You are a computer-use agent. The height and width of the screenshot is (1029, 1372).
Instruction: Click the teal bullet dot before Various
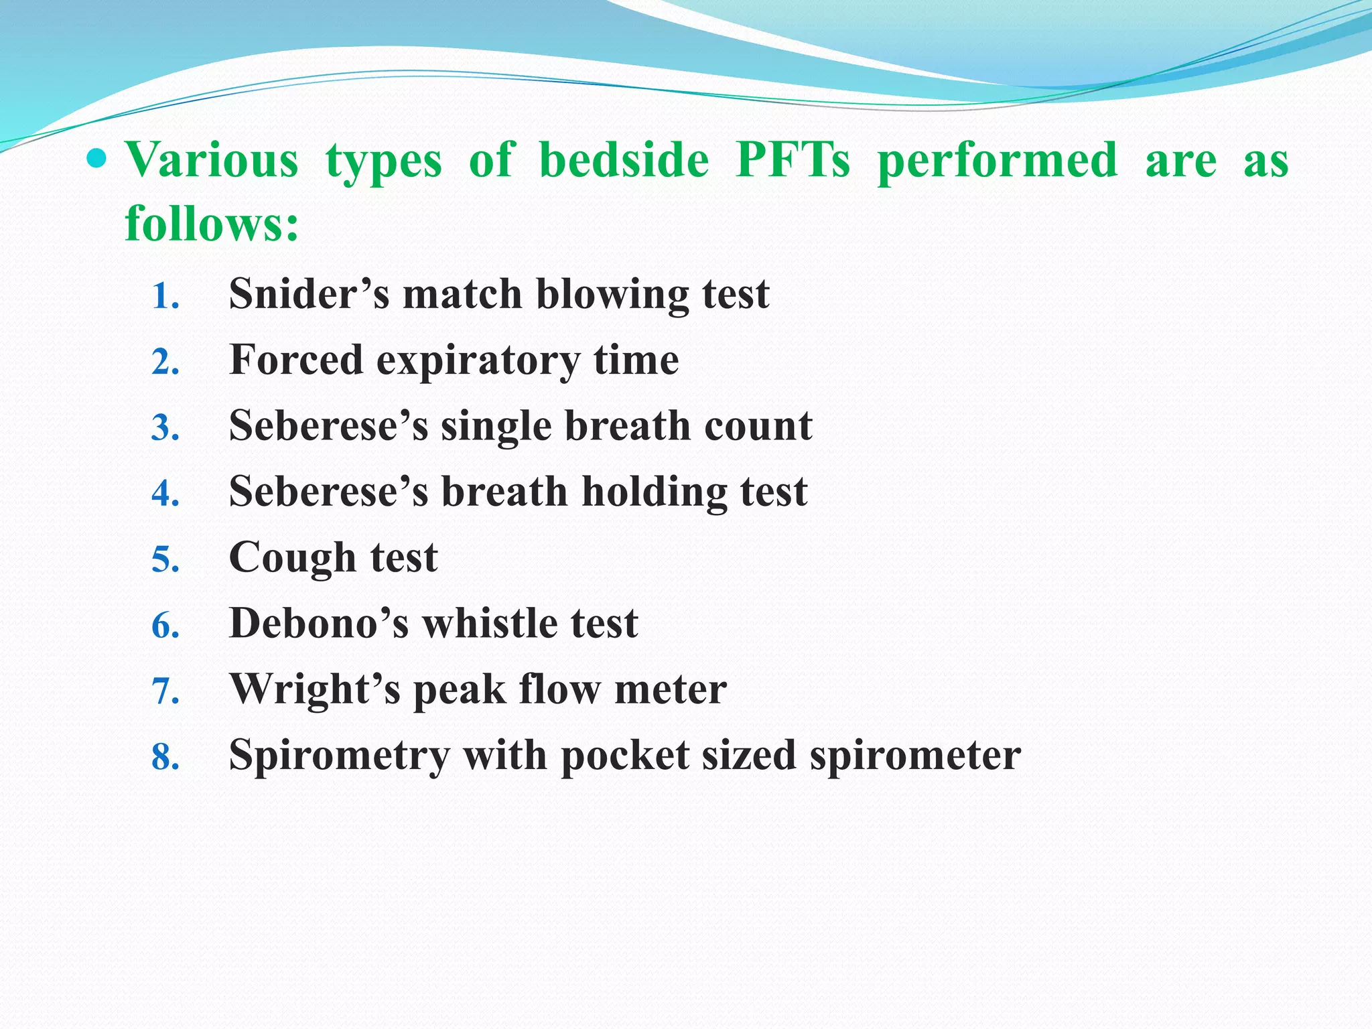[x=97, y=159]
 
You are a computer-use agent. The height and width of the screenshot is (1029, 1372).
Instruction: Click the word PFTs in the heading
[x=793, y=161]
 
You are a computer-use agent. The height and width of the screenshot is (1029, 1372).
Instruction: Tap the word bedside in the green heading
[x=624, y=161]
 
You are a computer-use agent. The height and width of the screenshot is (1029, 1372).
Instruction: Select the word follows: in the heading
[x=212, y=224]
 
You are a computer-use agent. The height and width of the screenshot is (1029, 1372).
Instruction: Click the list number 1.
[x=165, y=296]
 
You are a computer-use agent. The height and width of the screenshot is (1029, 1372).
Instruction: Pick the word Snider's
[x=309, y=294]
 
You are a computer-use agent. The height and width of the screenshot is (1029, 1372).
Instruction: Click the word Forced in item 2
[x=295, y=360]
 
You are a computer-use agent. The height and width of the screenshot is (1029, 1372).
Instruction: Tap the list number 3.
[x=165, y=428]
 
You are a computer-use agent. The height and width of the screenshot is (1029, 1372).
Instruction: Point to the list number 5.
[x=165, y=559]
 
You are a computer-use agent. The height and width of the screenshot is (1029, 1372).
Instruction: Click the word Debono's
[x=318, y=624]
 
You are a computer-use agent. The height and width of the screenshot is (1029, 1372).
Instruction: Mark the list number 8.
[x=165, y=757]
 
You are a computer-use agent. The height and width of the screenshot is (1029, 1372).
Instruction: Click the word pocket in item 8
[x=624, y=756]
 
